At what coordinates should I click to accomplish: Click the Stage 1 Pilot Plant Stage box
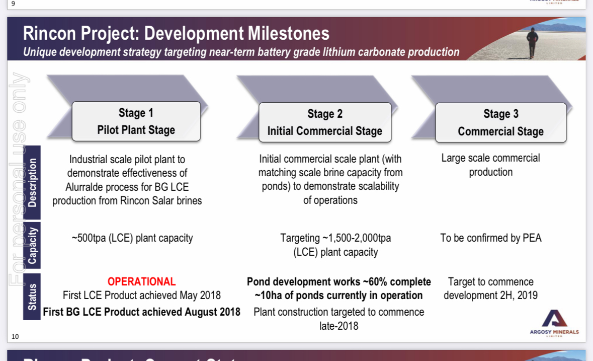tap(136, 121)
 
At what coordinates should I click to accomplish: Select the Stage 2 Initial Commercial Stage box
tap(325, 122)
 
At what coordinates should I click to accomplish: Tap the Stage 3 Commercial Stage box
tap(501, 123)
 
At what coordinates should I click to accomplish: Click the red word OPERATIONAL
tap(141, 281)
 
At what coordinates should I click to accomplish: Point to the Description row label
tap(32, 182)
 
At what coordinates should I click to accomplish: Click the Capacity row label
tap(32, 245)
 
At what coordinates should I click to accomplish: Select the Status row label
tap(32, 297)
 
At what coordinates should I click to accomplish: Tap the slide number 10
tap(15, 336)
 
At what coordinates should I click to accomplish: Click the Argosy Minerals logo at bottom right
tap(554, 323)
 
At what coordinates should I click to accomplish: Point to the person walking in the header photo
tap(532, 42)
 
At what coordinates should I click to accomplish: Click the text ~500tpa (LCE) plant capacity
tap(132, 238)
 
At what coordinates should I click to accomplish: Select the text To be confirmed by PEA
tap(491, 238)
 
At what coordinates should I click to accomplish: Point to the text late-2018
tap(339, 326)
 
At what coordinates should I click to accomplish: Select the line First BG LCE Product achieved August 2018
tap(141, 312)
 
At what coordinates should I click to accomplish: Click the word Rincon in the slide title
tap(50, 33)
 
